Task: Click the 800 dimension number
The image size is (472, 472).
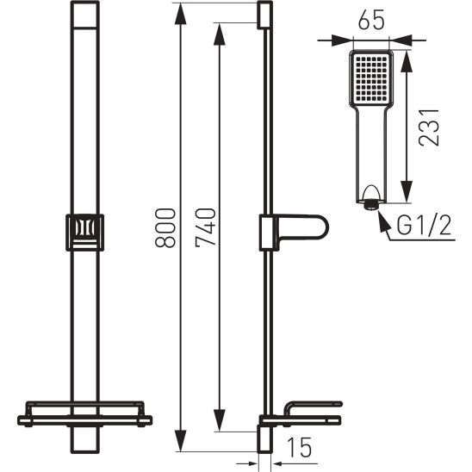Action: (165, 228)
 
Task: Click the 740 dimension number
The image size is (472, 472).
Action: (206, 227)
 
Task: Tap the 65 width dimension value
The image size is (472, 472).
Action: (371, 20)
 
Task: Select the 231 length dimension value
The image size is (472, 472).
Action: (429, 127)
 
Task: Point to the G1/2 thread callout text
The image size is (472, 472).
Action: (424, 226)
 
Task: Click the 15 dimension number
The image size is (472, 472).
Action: (299, 447)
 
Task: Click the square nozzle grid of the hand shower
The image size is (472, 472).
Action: (370, 78)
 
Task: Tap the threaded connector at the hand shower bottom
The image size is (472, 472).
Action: (370, 205)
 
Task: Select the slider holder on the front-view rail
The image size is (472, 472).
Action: (85, 233)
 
